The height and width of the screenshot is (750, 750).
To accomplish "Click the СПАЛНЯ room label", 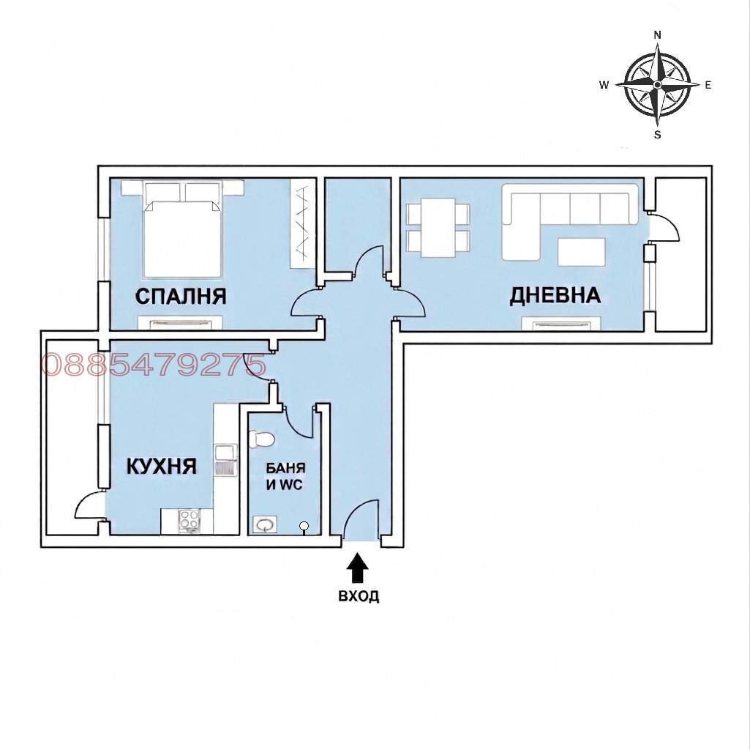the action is coord(181,296).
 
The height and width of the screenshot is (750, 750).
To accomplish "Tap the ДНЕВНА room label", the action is coord(555,295).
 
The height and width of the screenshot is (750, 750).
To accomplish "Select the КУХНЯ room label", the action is coord(162,466).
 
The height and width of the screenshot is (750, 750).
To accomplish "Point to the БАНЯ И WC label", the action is coord(285,477).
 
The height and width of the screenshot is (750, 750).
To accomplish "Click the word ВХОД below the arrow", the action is coord(359,596).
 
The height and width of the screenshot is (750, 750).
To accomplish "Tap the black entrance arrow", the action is coord(358,568).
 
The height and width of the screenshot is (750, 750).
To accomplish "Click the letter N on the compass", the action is coord(658,35).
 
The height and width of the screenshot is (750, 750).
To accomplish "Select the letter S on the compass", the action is coord(658,135).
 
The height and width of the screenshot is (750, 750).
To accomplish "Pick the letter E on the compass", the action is coord(708,85).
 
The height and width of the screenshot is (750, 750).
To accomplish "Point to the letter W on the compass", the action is coord(604,85).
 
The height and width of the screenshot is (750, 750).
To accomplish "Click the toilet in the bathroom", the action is coord(261,439).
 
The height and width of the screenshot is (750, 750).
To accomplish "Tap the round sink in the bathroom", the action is coord(263,525).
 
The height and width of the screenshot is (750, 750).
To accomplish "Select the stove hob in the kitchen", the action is coord(187,521).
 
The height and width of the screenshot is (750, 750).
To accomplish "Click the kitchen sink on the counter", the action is coord(226,460).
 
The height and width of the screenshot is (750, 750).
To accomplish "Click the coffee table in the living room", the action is coord(582,252).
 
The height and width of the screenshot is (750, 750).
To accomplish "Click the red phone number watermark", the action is coord(153,365).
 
